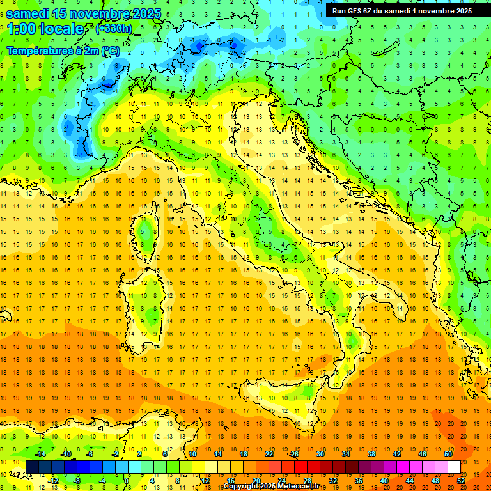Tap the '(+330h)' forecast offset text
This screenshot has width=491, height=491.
pos(113,28)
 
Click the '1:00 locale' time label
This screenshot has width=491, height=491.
pos(45,29)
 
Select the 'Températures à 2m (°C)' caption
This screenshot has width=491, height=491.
pos(63,51)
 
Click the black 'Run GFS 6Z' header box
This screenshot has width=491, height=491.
pos(400,10)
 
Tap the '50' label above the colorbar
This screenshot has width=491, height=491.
pos(448,454)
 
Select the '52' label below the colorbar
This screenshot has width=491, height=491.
pos(460,480)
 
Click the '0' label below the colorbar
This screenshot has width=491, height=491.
pos(127,480)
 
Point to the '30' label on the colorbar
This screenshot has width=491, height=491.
pos(320,454)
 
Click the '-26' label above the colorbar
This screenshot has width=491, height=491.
pos(293,454)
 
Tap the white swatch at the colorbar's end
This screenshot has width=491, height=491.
pos(454,467)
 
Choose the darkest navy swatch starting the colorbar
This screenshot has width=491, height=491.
pos(32,467)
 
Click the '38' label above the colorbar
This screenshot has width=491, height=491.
pos(371,454)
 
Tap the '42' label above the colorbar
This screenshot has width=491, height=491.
pos(396,454)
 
